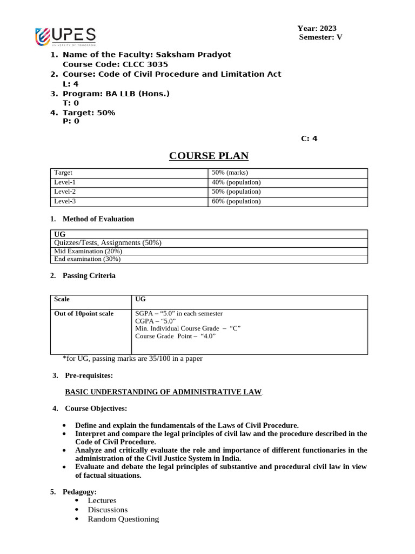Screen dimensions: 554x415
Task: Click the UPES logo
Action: pos(65,36)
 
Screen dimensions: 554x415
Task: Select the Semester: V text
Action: pos(320,37)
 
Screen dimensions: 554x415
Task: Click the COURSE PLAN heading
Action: pos(209,156)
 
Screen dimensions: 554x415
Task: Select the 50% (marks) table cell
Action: pos(229,173)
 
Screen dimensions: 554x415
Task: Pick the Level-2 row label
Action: pos(65,192)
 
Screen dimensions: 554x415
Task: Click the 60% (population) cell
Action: pos(236,202)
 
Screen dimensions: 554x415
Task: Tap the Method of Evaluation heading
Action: pos(98,219)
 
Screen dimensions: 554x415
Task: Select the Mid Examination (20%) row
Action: pos(88,252)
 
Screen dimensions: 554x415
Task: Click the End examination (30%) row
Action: pos(88,259)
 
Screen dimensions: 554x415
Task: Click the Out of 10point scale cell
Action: pos(84,314)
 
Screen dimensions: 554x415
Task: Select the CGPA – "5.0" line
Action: pos(155,321)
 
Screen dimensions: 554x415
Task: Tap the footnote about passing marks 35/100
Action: pos(132,359)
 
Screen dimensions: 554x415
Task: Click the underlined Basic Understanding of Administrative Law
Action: pos(163,392)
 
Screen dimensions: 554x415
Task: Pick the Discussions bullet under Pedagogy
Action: pos(108,510)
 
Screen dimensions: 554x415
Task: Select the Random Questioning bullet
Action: pos(123,519)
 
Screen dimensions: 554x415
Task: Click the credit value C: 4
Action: pos(309,138)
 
